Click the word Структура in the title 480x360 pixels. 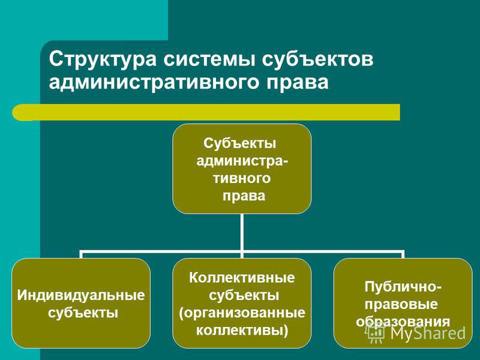click(x=103, y=59)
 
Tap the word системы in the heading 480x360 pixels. click(x=209, y=59)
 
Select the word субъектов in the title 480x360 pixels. click(x=318, y=59)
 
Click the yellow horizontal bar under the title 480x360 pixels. click(x=206, y=112)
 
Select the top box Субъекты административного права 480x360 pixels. click(x=242, y=169)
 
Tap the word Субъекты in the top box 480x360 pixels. click(x=239, y=143)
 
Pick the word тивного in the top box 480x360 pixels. click(x=242, y=178)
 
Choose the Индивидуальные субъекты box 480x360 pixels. click(x=81, y=303)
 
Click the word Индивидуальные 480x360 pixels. click(x=81, y=295)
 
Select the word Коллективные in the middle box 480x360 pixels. click(x=242, y=278)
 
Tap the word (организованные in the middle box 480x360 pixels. click(x=242, y=313)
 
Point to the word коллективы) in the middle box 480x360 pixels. click(x=242, y=331)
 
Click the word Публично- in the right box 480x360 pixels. click(x=403, y=287)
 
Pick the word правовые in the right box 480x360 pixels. click(x=401, y=305)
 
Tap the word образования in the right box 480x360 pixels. click(x=403, y=322)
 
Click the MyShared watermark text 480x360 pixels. click(x=428, y=333)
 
